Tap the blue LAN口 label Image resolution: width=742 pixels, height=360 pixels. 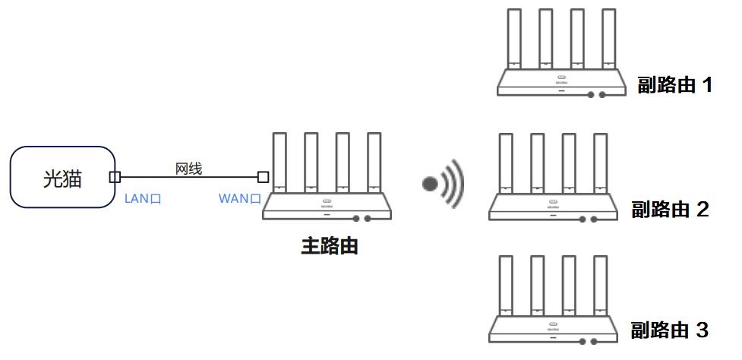143,199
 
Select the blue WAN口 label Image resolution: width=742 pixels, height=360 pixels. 240,199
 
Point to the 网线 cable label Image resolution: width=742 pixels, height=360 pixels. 188,169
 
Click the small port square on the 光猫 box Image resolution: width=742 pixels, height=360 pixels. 115,177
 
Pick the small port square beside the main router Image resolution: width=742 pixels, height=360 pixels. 263,177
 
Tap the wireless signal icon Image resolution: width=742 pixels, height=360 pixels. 444,183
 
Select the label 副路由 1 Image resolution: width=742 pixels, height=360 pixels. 674,84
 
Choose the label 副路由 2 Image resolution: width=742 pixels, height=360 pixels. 670,209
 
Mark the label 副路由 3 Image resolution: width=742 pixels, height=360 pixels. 670,330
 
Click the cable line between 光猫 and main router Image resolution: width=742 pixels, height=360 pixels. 188,178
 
